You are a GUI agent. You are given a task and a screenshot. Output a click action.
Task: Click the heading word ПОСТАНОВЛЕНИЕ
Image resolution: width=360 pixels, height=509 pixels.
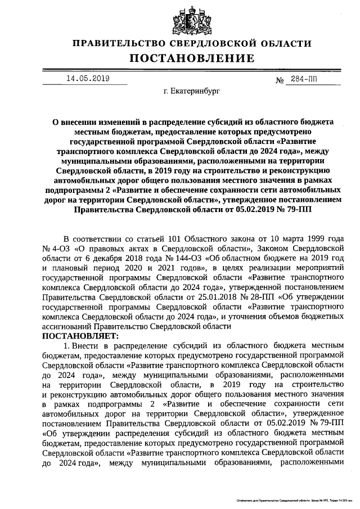192,58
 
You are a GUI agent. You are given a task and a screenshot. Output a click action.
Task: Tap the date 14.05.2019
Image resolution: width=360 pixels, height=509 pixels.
87,79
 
